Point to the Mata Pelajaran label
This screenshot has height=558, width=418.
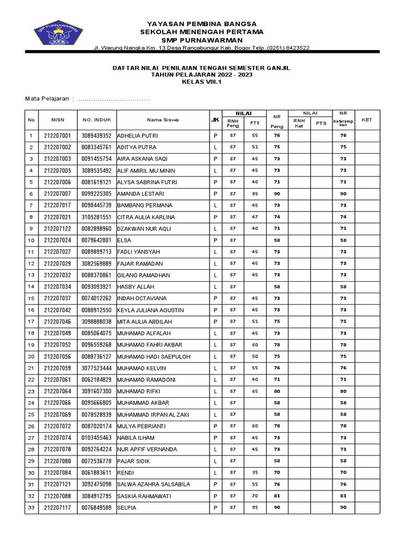(47, 99)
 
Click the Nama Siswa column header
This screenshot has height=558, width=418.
(162, 119)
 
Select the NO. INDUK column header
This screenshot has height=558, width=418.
(96, 119)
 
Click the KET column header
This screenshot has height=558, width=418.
(367, 119)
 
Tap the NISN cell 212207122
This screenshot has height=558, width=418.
(58, 229)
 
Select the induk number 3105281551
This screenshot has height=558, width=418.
(96, 217)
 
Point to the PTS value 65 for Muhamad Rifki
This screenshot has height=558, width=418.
(255, 391)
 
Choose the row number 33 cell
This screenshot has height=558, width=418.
(31, 508)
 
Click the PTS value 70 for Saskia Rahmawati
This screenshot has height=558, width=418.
(255, 496)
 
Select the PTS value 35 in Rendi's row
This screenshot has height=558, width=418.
(255, 472)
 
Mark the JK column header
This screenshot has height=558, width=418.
(216, 119)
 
